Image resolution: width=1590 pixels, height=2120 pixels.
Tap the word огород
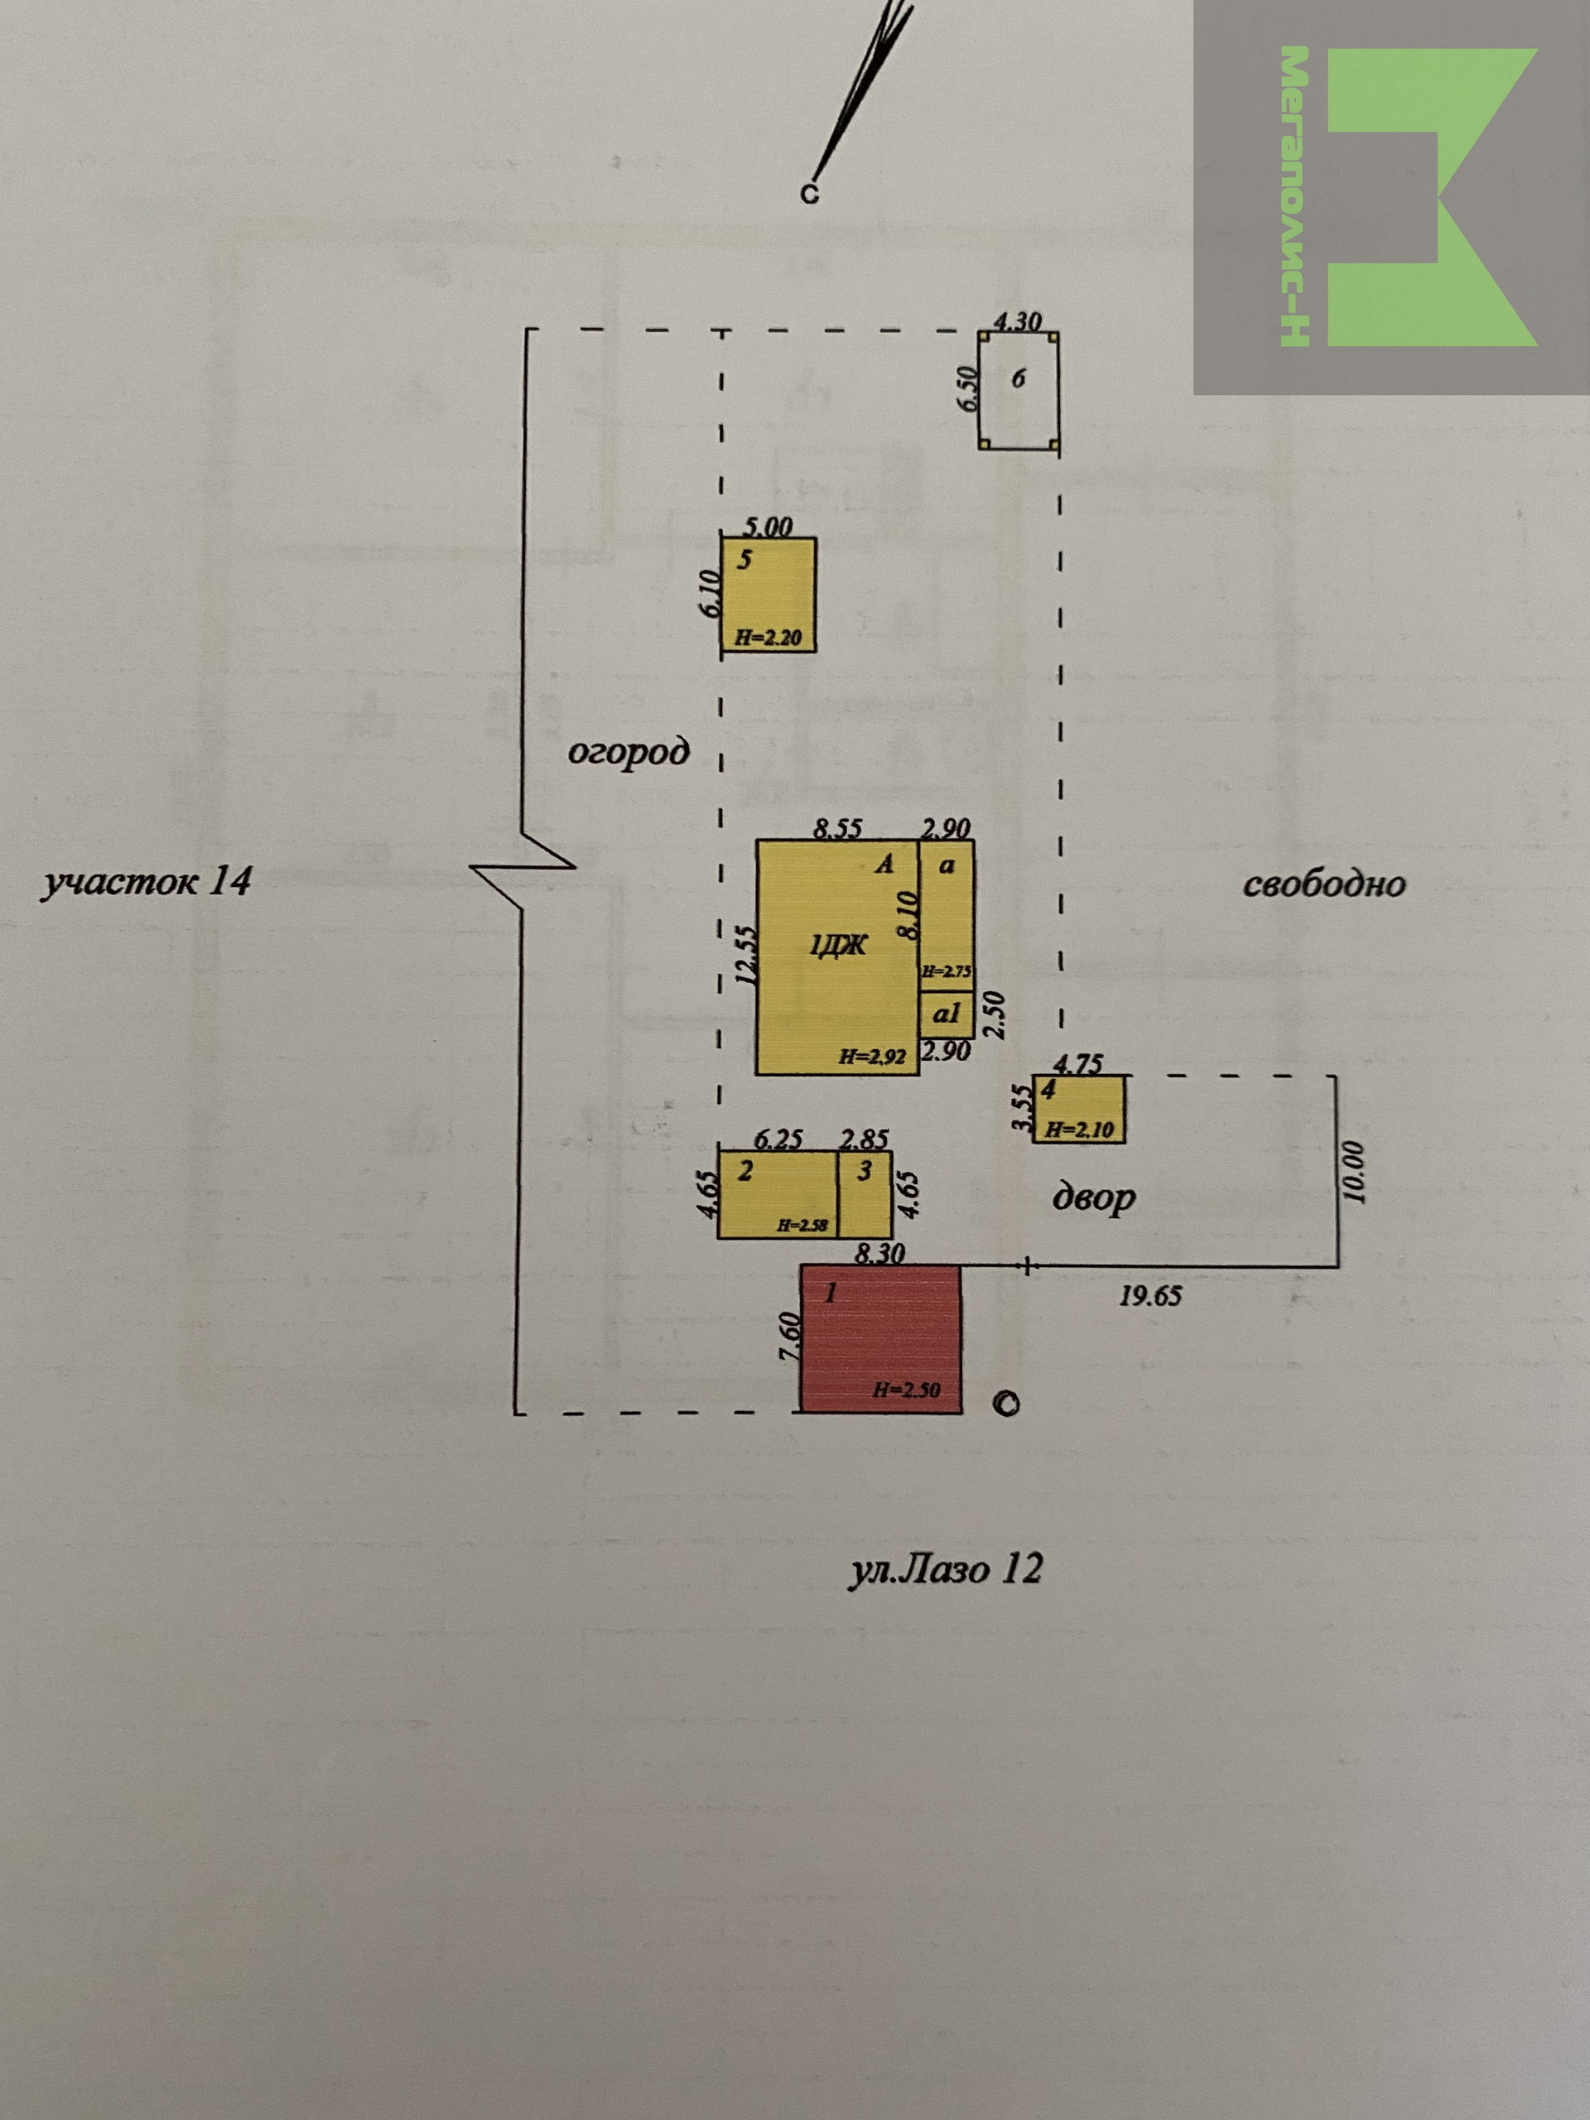[x=629, y=751]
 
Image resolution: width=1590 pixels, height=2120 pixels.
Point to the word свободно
[x=1324, y=884]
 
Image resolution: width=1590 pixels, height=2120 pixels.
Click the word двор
[x=1094, y=1198]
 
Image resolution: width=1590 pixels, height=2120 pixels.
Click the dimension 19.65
[x=1150, y=1297]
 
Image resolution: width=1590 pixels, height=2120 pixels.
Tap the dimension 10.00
[x=1352, y=1171]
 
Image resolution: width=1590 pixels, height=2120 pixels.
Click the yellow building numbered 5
[x=768, y=595]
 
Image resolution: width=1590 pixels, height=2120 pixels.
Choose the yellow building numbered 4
[x=1078, y=1109]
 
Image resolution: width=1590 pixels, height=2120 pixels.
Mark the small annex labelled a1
[x=947, y=1015]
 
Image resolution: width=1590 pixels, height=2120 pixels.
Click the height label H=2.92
[x=872, y=1058]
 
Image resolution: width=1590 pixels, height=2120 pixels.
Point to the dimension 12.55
[x=744, y=954]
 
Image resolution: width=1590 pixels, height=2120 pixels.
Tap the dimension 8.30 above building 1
[x=879, y=1253]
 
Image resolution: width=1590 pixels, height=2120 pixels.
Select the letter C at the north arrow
[x=810, y=195]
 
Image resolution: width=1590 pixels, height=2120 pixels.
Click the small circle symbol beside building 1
[x=1005, y=1403]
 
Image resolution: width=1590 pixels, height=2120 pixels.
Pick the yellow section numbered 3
[x=865, y=1194]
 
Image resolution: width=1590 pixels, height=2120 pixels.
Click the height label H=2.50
[x=906, y=1390]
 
